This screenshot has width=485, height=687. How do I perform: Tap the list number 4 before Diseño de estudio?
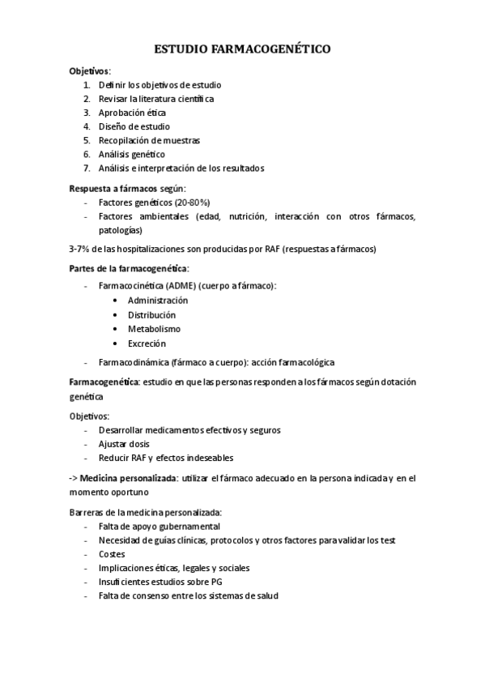tap(86, 127)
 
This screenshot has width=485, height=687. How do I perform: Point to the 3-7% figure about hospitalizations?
tap(81, 248)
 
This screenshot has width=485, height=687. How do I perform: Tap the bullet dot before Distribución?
tap(118, 315)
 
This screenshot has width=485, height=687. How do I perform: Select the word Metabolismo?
tap(154, 329)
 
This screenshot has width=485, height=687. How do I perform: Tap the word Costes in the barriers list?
tap(113, 554)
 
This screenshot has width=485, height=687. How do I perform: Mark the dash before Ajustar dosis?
tap(87, 445)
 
